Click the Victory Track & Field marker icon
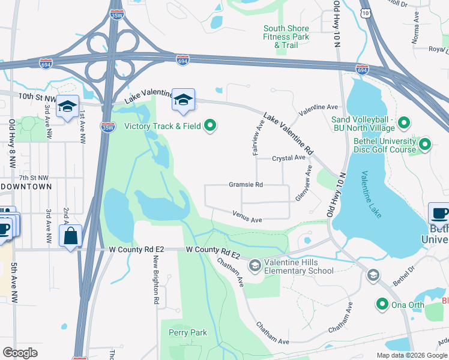pyautogui.click(x=210, y=126)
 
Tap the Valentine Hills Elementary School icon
pyautogui.click(x=255, y=265)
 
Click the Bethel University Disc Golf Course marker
pyautogui.click(x=425, y=145)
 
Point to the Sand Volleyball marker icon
pyautogui.click(x=404, y=124)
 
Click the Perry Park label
pyautogui.click(x=188, y=332)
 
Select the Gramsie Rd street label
pyautogui.click(x=246, y=185)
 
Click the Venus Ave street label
pyautogui.click(x=248, y=220)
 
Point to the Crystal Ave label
pyautogui.click(x=289, y=158)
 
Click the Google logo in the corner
pyautogui.click(x=20, y=353)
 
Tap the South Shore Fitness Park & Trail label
pyautogui.click(x=286, y=37)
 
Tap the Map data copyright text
pyautogui.click(x=411, y=355)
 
